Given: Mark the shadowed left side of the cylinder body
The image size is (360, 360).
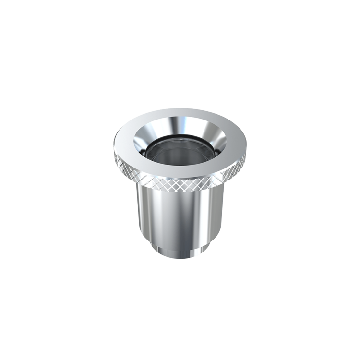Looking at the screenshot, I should click(x=142, y=216).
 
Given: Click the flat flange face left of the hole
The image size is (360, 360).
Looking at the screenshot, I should click(x=122, y=144).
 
